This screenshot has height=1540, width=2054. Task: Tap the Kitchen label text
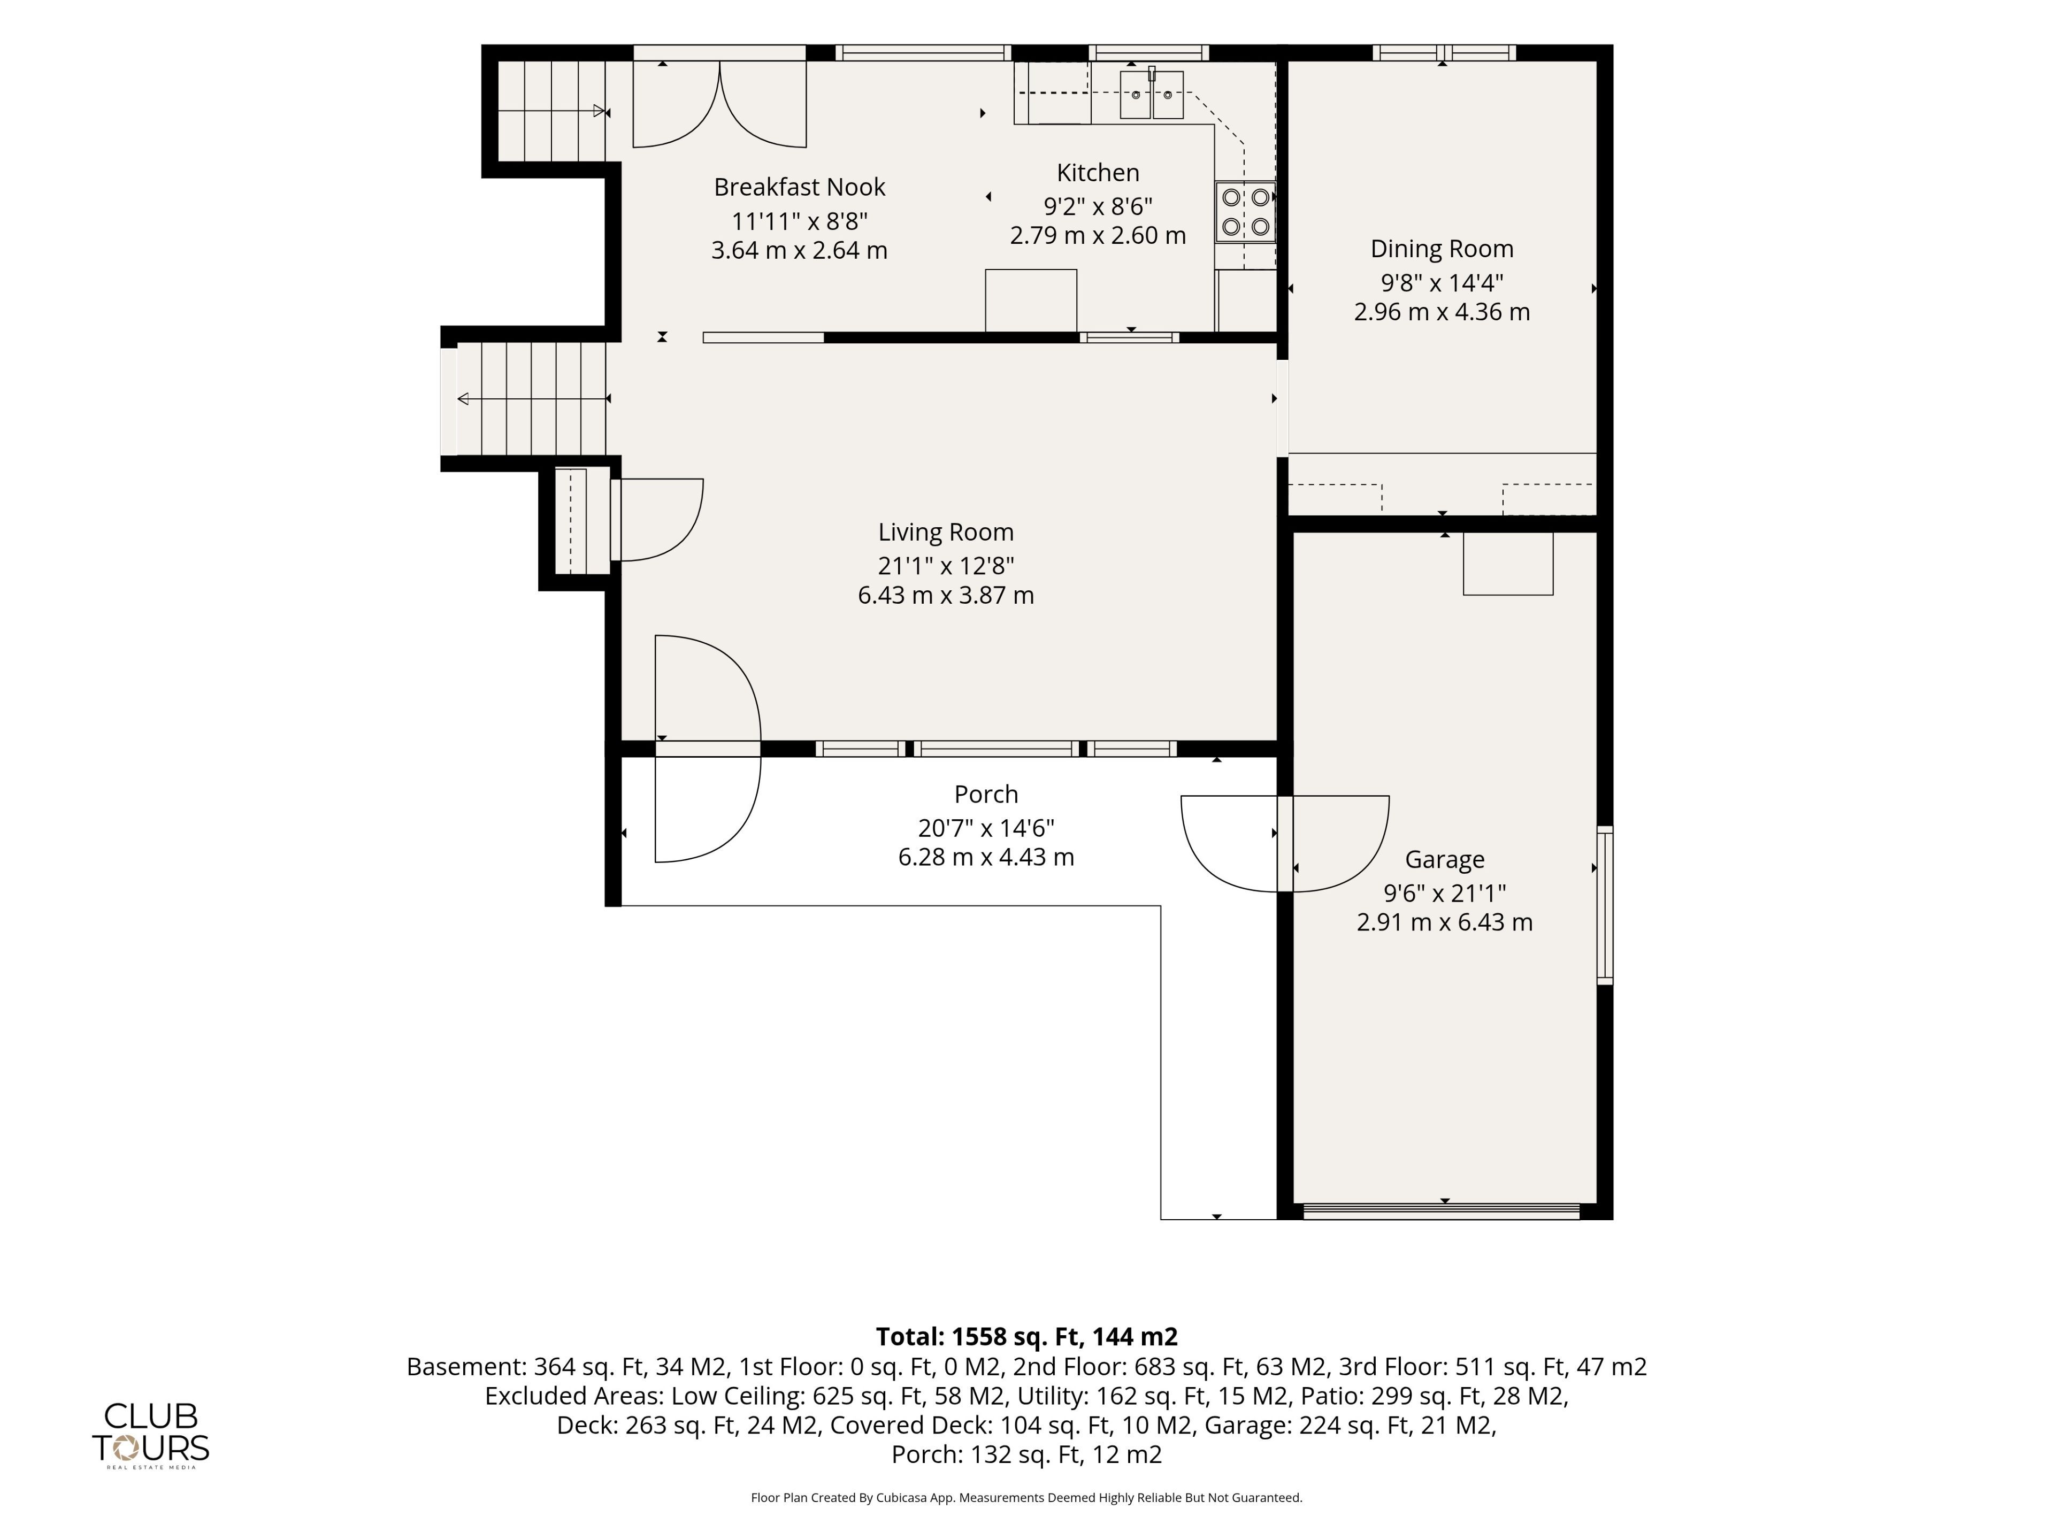pos(1098,173)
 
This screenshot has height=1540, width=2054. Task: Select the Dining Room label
pos(1442,249)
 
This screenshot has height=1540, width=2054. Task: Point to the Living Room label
pos(945,532)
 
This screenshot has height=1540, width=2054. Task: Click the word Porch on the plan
pos(986,795)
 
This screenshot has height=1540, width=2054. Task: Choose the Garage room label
pos(1444,860)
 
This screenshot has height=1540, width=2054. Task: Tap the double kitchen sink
pos(1152,95)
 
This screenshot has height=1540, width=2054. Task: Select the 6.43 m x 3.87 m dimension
pos(945,595)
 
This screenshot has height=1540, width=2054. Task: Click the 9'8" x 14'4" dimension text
pos(1442,282)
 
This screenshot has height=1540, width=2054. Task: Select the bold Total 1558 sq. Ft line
pos(1027,1337)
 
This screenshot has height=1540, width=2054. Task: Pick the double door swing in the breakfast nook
pos(719,104)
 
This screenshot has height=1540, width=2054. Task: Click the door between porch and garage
pos(1285,844)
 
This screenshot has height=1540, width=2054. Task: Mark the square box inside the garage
pos(1508,564)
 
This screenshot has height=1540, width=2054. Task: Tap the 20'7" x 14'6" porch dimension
pos(986,828)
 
